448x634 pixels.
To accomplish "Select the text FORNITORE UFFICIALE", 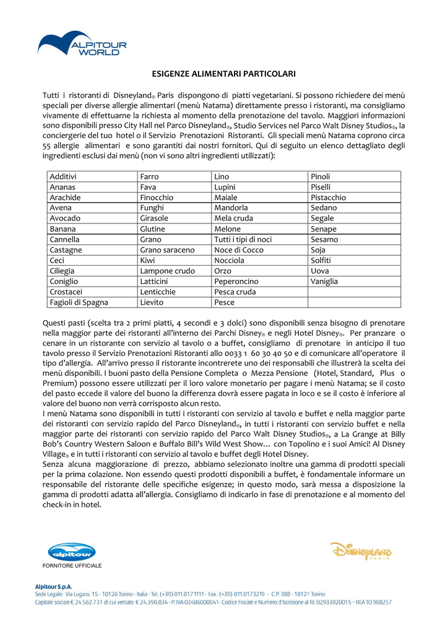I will tap(72, 566).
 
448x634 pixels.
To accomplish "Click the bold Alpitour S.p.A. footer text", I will tap(53, 586).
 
